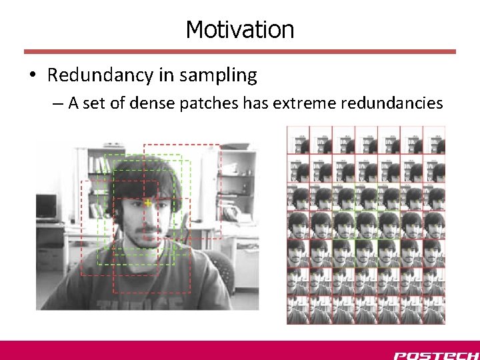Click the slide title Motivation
coord(239,29)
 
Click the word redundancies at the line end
coord(391,103)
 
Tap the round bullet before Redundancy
coord(33,76)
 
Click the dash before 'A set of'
coord(59,104)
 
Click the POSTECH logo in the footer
coord(435,355)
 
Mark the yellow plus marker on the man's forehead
coord(147,202)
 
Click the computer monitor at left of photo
coord(47,207)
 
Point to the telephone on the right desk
coord(231,213)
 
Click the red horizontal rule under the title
coord(239,51)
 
